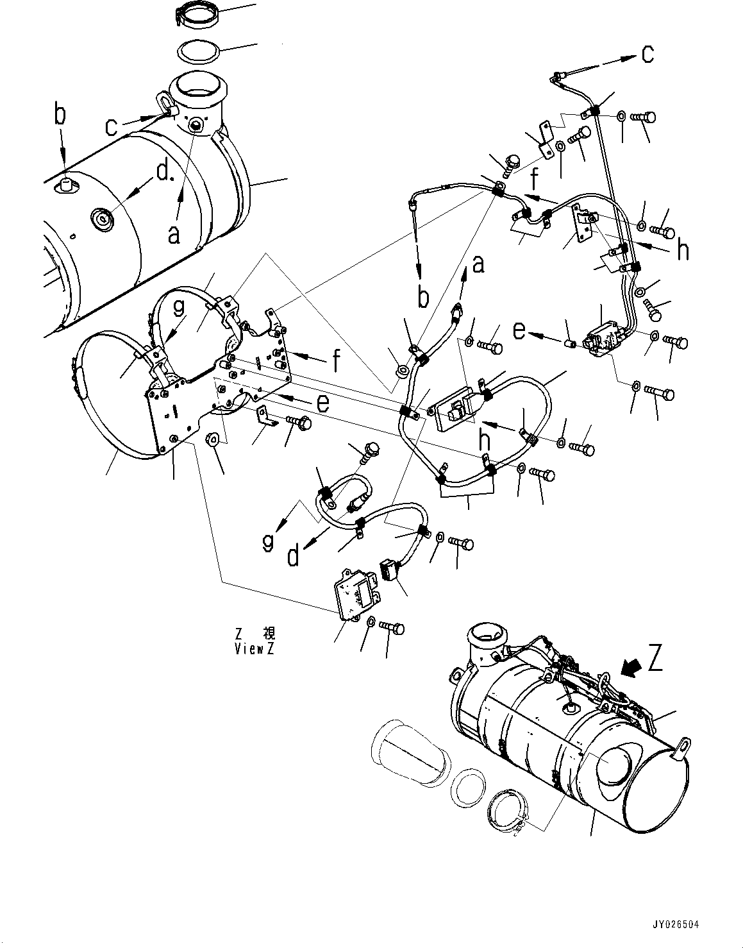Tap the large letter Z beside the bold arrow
(x=655, y=659)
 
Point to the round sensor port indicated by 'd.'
(x=103, y=218)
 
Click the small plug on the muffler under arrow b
(x=65, y=186)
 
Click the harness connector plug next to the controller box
(x=388, y=569)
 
